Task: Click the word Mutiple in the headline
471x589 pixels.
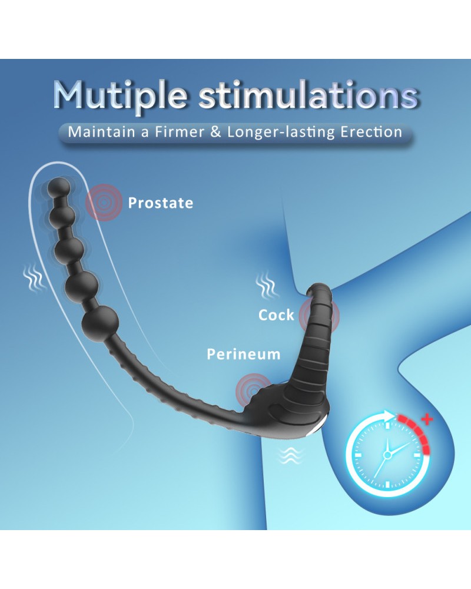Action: (120, 95)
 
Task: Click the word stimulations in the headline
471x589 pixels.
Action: (309, 95)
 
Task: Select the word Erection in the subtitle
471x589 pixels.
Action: (371, 132)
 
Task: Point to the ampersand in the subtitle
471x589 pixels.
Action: (215, 132)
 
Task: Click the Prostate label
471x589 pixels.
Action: (161, 203)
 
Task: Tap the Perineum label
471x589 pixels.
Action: (243, 354)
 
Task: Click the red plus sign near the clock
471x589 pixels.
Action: (427, 418)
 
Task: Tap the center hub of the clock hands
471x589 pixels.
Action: (387, 455)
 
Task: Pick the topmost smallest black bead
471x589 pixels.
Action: (59, 187)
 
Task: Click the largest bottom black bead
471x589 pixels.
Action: (101, 323)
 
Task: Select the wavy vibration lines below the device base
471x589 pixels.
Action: (290, 456)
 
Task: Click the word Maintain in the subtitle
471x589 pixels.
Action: (101, 132)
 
